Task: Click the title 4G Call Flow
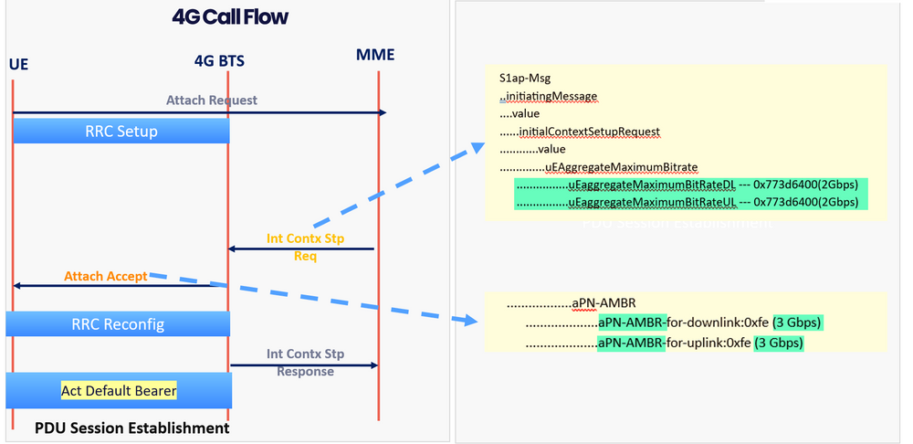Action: pos(230,17)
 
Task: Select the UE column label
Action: pos(17,65)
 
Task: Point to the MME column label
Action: pos(375,55)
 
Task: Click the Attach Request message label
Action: pos(211,100)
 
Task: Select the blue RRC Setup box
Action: pos(120,132)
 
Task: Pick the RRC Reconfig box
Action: pos(118,323)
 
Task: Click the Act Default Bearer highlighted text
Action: pos(119,390)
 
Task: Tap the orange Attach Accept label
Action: pos(105,276)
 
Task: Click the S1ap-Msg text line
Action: pos(524,79)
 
